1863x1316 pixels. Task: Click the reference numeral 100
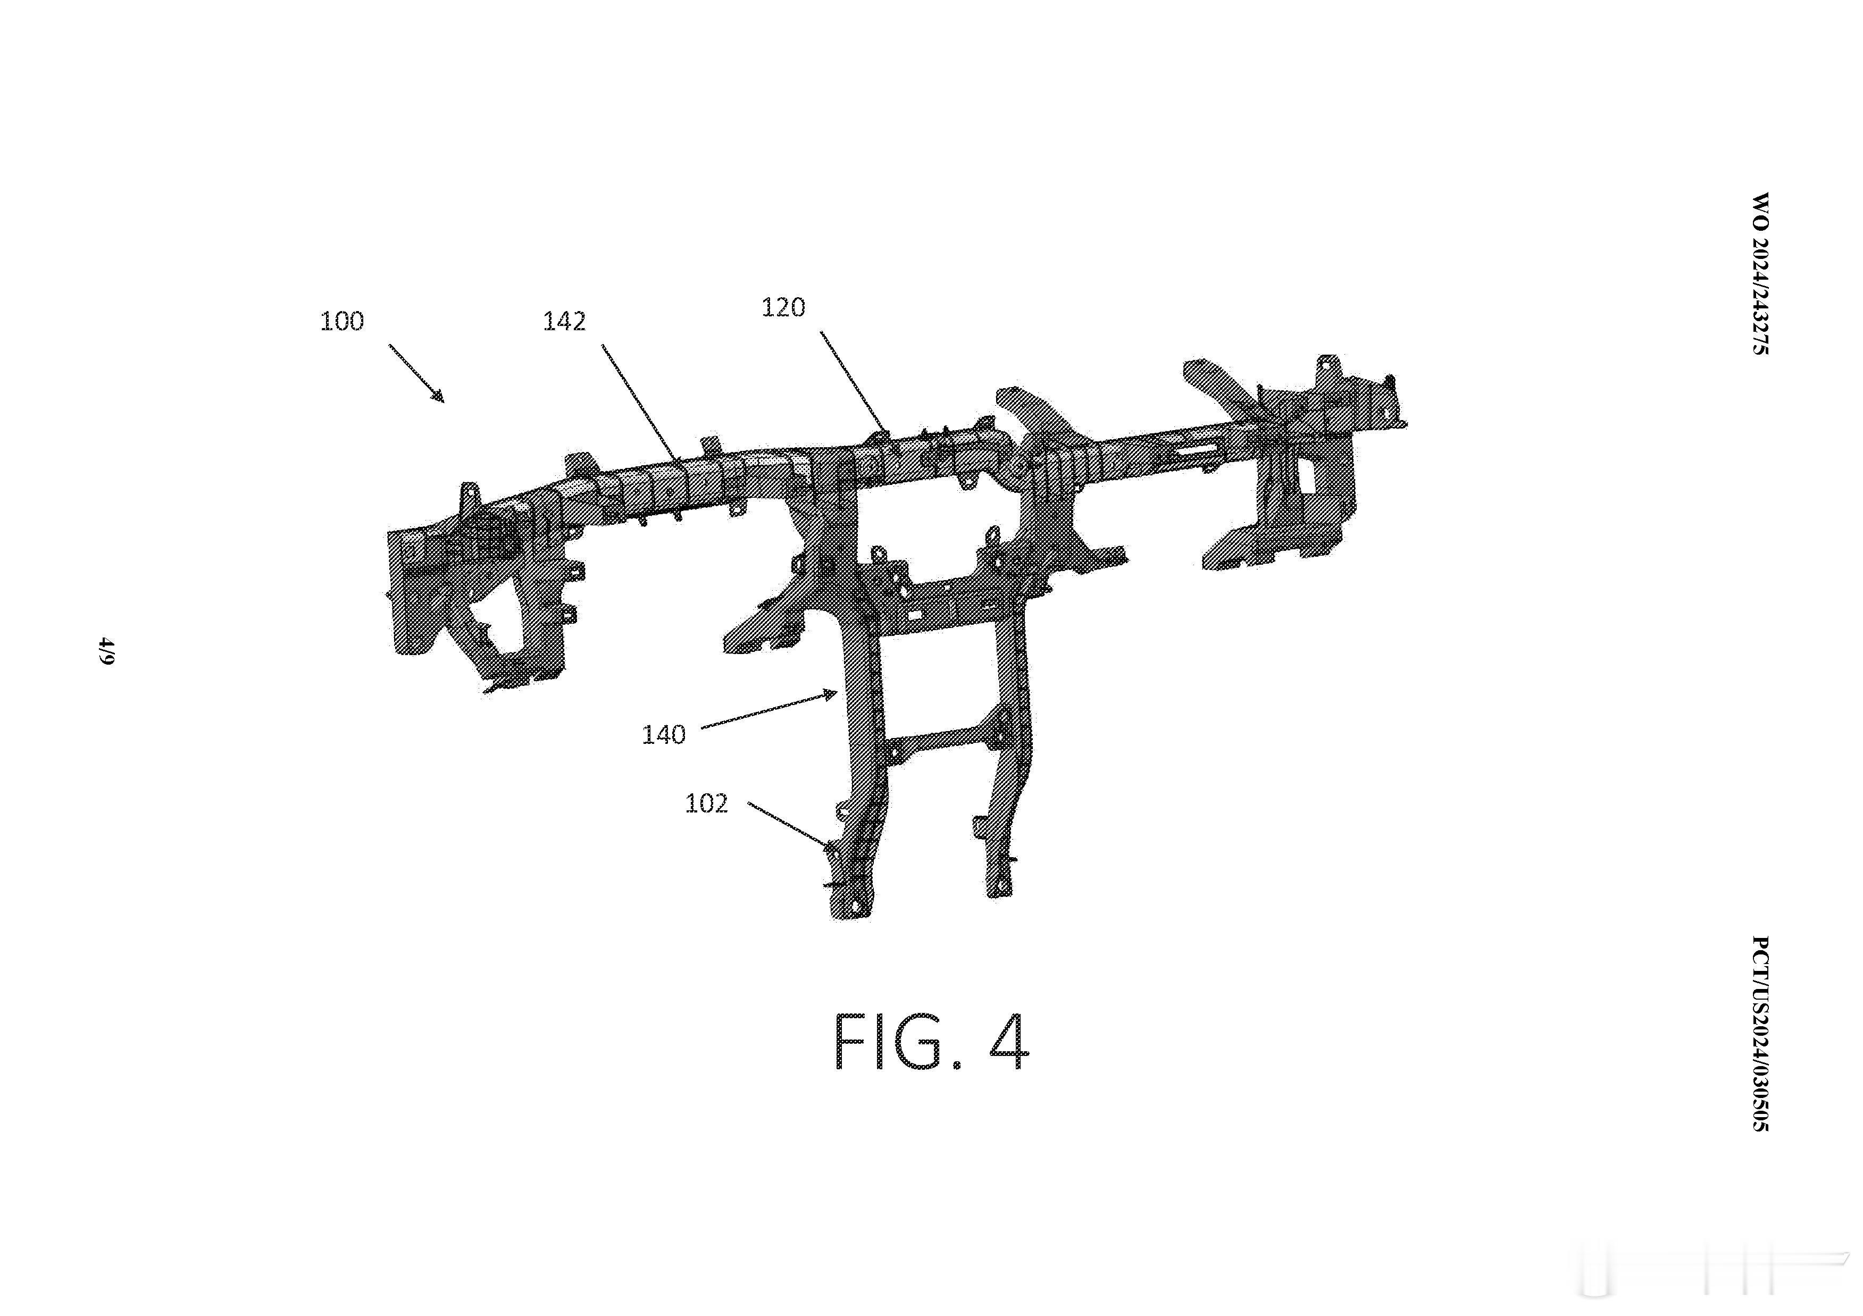click(x=341, y=321)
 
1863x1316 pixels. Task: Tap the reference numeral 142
click(x=564, y=322)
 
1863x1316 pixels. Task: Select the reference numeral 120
click(x=783, y=307)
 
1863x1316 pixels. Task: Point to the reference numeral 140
click(x=664, y=735)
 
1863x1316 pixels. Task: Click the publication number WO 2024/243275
click(x=1759, y=273)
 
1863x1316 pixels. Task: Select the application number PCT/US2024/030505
click(x=1759, y=1035)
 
